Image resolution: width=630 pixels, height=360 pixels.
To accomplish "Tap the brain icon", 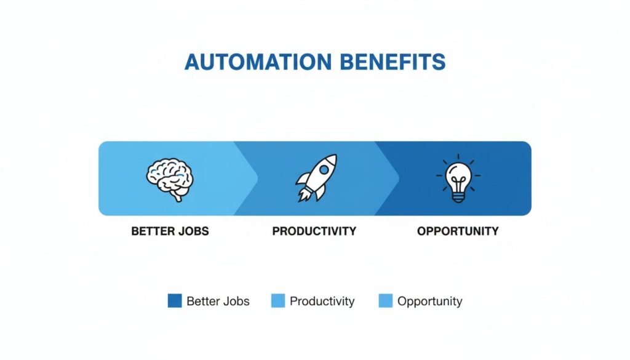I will point(170,178).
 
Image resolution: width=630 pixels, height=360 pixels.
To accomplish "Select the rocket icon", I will point(315,178).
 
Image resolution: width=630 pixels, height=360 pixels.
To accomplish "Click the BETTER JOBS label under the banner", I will point(170,231).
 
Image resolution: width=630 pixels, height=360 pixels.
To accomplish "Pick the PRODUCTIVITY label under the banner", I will point(314,231).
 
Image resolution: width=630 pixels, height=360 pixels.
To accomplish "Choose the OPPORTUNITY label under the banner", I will point(458,231).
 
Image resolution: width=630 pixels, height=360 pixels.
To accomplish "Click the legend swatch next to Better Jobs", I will point(175,301).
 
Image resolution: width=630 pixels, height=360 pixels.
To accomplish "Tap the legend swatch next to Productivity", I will point(277,301).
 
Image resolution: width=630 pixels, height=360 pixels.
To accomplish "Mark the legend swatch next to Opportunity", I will point(386,301).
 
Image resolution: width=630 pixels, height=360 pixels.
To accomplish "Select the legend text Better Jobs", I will point(218,301).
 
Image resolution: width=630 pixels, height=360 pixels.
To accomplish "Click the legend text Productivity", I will point(322,301).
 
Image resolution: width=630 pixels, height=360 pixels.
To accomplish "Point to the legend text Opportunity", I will point(429,301).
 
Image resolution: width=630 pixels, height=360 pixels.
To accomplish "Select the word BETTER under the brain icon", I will point(151,231).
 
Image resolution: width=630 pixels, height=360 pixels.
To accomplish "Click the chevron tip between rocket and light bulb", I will point(398,178).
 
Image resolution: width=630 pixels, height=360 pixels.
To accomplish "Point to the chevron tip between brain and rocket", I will point(257,178).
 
